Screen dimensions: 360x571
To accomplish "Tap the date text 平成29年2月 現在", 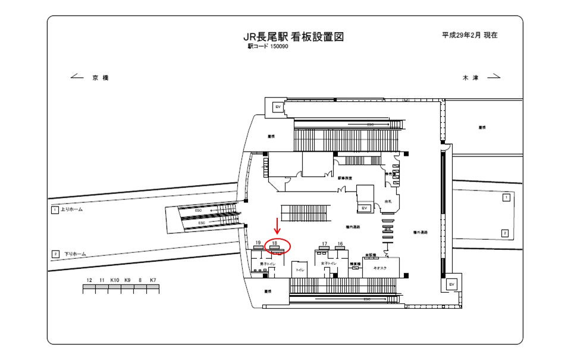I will pyautogui.click(x=469, y=35).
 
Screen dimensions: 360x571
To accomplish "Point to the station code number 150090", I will pyautogui.click(x=279, y=46).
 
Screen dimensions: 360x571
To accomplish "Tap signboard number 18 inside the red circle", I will pyautogui.click(x=275, y=243).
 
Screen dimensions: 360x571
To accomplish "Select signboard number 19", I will pyautogui.click(x=258, y=243).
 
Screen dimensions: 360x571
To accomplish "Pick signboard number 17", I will pyautogui.click(x=324, y=244).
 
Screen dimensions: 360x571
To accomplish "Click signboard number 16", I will pyautogui.click(x=340, y=244).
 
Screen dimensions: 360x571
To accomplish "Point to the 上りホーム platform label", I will pyautogui.click(x=71, y=210).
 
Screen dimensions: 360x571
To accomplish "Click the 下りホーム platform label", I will pyautogui.click(x=75, y=254).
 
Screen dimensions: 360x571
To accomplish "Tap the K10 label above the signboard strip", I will pyautogui.click(x=115, y=280).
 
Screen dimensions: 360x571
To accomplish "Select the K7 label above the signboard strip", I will pyautogui.click(x=153, y=280).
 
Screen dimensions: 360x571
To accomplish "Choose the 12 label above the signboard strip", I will pyautogui.click(x=89, y=280).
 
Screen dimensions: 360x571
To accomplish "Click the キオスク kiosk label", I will pyautogui.click(x=379, y=269).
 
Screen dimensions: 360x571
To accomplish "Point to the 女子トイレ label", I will pyautogui.click(x=329, y=262).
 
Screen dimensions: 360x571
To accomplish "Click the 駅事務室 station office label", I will pyautogui.click(x=346, y=178).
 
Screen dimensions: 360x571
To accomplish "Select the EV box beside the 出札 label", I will pyautogui.click(x=364, y=208).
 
